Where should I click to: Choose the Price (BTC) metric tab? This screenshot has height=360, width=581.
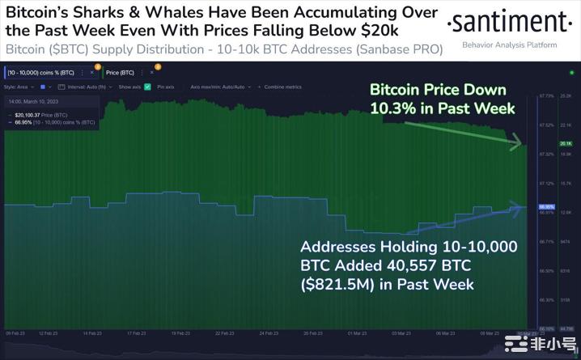point(121,72)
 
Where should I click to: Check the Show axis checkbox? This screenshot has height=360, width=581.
point(147,86)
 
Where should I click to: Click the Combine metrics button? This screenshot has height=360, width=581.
point(282,86)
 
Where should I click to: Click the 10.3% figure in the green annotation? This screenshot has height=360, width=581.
point(391,108)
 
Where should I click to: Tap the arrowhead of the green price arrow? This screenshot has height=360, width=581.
point(517,145)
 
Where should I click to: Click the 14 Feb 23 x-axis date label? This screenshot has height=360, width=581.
point(91,333)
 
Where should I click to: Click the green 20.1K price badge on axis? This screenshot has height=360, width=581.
point(566,143)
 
